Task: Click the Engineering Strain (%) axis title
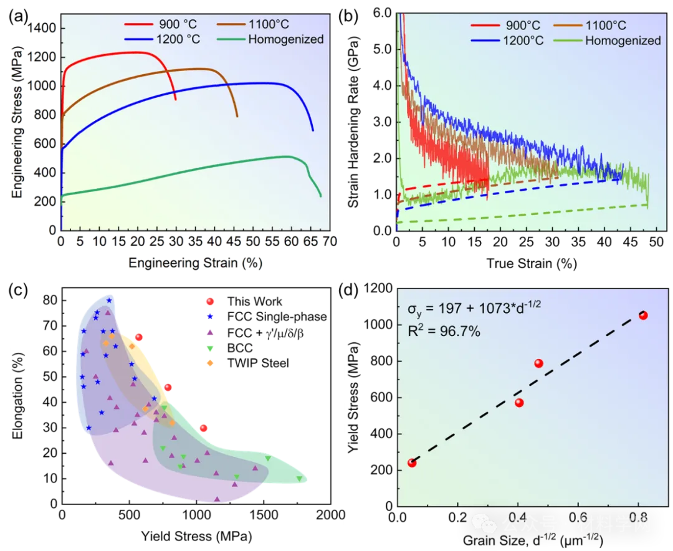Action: [x=196, y=263]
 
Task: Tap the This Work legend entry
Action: [x=254, y=301]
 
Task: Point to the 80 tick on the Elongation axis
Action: [x=50, y=300]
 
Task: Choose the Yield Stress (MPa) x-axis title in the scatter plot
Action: [x=197, y=535]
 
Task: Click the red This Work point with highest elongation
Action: [x=138, y=337]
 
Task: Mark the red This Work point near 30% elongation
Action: [x=203, y=428]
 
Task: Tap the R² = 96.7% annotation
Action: [x=444, y=332]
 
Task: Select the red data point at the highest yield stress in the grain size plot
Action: [x=643, y=315]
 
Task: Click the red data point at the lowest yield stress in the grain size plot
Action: [x=411, y=462]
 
